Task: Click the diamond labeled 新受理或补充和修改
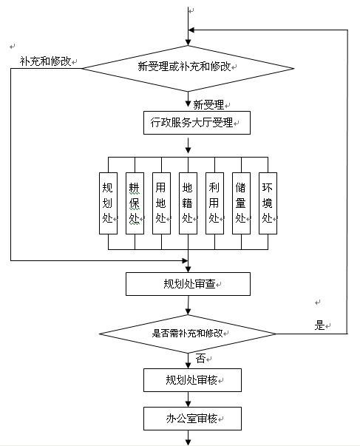pos(188,68)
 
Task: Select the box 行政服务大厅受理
pos(197,123)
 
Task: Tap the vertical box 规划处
pos(108,203)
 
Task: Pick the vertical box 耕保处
pos(135,203)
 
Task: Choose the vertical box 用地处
pos(161,203)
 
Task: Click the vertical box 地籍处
pos(188,203)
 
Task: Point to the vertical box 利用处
pos(214,203)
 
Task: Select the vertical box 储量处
pos(242,203)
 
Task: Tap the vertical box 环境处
pos(268,203)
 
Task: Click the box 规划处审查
pos(188,284)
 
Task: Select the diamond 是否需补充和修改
pos(188,334)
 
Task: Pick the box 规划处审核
pos(192,380)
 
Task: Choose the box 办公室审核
pos(192,419)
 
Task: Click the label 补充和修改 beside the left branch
pos(45,61)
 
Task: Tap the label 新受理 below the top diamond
pos(208,105)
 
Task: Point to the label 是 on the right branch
pos(319,325)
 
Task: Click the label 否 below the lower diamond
pos(201,359)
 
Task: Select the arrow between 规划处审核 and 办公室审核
pos(188,399)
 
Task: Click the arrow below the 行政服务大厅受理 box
pos(188,146)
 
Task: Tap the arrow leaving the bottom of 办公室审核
pos(188,438)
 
